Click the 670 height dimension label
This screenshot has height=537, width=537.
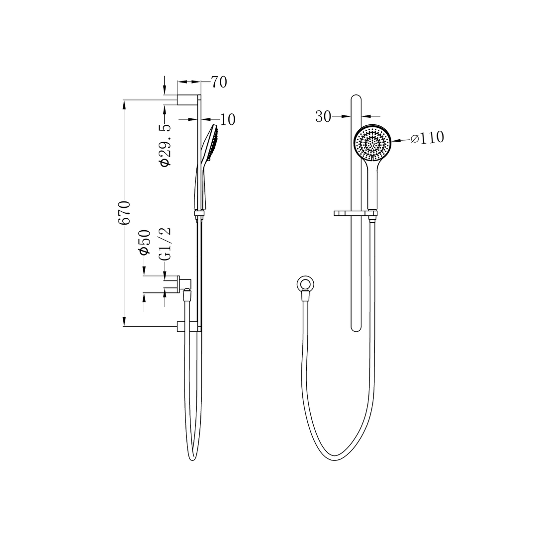124,212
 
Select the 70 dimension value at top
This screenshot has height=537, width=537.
219,82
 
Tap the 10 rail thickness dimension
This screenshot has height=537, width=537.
227,119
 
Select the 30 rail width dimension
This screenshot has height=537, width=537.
323,117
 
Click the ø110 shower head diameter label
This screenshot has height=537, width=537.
427,138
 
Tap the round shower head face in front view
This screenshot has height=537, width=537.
372,143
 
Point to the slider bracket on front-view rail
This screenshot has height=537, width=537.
354,214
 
